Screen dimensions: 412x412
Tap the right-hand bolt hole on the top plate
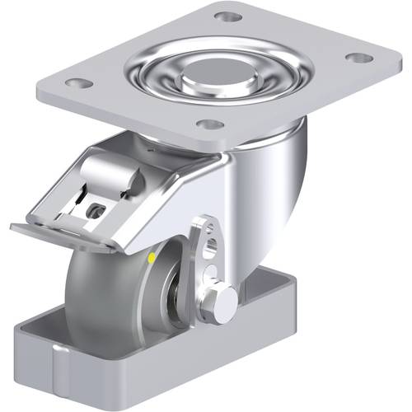[357, 59]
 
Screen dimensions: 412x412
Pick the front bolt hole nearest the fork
[212, 125]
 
